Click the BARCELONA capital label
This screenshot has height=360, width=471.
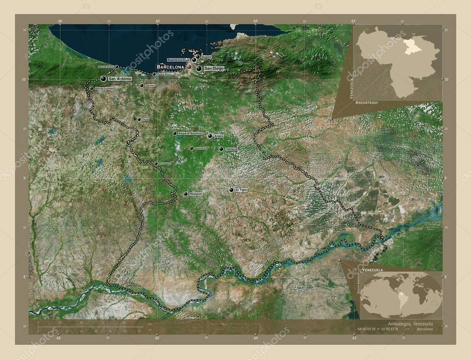[x=171, y=66]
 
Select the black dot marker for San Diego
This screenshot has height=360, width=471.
[x=199, y=69]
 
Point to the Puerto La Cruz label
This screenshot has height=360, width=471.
[x=178, y=60]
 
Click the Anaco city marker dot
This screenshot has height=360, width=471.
[x=210, y=136]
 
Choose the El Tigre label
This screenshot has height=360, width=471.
[x=241, y=189]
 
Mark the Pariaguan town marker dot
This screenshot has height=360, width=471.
[x=186, y=194]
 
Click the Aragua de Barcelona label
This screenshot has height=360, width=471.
[x=190, y=133]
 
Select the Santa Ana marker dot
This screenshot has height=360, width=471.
[x=191, y=149]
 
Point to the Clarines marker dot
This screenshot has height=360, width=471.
[x=142, y=85]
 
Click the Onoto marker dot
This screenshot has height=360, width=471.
[x=139, y=119]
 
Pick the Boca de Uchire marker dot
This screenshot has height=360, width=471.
[x=116, y=67]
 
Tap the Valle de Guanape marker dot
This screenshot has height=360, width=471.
[x=92, y=88]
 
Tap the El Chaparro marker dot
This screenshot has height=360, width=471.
[x=156, y=164]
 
